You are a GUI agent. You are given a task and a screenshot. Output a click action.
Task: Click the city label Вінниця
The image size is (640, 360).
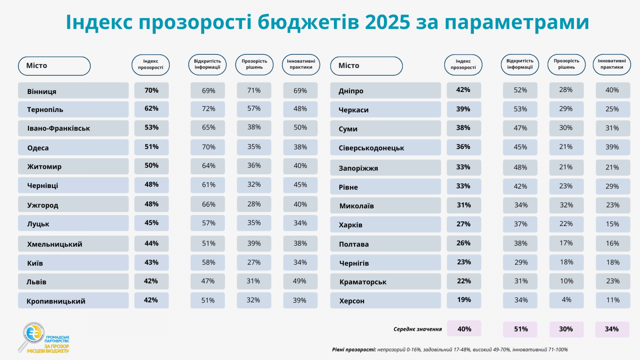point(42,91)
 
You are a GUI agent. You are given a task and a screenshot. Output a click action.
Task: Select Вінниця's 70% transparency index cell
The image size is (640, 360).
point(152,90)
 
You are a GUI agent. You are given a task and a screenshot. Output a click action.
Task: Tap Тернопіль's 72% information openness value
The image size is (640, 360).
point(208,109)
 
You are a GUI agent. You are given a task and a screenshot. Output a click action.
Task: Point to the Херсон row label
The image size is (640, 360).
point(352,301)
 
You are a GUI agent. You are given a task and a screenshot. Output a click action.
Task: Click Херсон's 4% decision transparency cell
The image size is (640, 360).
point(566,300)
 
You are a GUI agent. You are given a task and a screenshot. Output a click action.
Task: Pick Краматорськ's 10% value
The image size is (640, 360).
point(566,281)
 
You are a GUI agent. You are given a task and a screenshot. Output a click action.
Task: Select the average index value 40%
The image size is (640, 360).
point(464,329)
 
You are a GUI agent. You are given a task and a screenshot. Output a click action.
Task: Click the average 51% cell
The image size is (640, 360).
point(520,329)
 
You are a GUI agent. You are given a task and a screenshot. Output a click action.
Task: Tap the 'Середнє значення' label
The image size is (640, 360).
point(418,329)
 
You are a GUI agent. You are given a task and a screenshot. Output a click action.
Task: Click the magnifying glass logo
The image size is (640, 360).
point(32,335)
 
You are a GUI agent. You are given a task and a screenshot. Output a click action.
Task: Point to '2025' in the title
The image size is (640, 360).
point(387,22)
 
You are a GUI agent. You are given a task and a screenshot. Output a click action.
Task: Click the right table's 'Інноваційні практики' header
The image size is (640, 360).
point(612,64)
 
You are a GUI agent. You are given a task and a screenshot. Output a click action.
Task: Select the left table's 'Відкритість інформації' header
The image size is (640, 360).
point(207,64)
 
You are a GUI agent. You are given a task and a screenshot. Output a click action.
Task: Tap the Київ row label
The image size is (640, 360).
point(35,263)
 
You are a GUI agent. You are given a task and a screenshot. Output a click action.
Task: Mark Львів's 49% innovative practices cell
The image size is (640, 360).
point(300,281)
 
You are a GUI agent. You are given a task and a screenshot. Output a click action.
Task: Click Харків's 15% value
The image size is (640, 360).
point(612,224)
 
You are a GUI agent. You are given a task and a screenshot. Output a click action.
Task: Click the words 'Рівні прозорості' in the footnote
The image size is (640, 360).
point(354,350)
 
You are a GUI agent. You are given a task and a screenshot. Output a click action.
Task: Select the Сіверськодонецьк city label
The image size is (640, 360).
point(371,148)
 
